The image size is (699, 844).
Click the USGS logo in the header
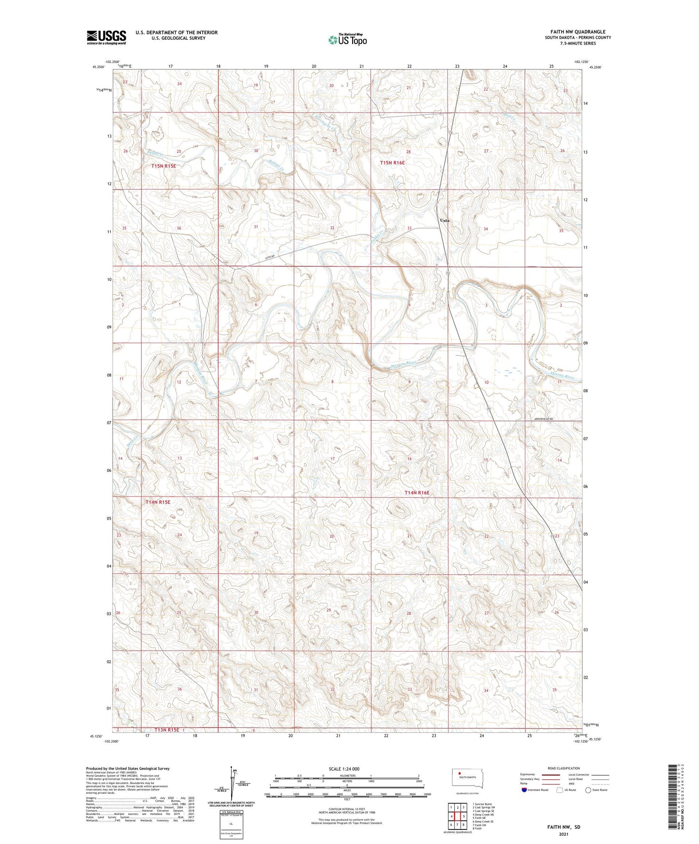click(x=106, y=37)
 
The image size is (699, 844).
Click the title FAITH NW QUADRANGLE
click(x=578, y=32)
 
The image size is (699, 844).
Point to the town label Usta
click(x=444, y=220)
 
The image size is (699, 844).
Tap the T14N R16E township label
click(x=416, y=493)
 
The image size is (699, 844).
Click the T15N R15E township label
click(x=164, y=166)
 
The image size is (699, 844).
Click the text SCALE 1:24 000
click(x=344, y=769)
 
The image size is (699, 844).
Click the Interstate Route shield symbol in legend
click(x=524, y=790)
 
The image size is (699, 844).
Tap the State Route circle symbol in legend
click(x=588, y=790)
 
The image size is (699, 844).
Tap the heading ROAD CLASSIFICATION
click(x=564, y=768)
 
